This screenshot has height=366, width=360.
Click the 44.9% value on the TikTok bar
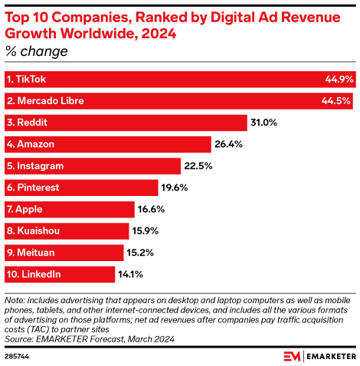click(339, 79)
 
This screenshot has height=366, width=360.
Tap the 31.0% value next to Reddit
click(263, 123)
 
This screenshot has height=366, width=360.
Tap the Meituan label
click(31, 253)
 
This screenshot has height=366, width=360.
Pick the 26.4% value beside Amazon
click(227, 144)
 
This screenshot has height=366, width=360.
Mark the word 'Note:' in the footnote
click(16, 296)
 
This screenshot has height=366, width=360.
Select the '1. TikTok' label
click(28, 79)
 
